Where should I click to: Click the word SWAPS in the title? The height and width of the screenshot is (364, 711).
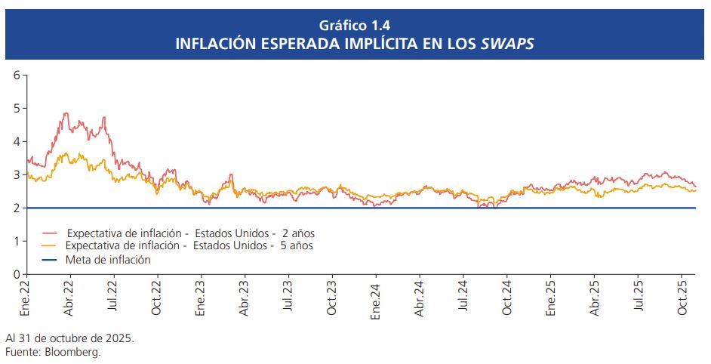pyautogui.click(x=508, y=44)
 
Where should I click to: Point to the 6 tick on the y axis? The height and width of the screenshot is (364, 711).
pyautogui.click(x=17, y=75)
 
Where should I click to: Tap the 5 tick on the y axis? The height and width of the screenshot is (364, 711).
pyautogui.click(x=17, y=108)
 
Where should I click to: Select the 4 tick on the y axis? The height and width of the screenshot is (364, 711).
pyautogui.click(x=17, y=141)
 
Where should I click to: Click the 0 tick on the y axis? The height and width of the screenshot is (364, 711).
pyautogui.click(x=17, y=274)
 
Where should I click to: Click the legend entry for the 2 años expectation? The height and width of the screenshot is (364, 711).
pyautogui.click(x=189, y=233)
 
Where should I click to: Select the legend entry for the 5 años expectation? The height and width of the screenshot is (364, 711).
pyautogui.click(x=189, y=246)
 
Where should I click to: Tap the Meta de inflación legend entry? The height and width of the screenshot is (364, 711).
pyautogui.click(x=108, y=259)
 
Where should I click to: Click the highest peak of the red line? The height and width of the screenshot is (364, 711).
pyautogui.click(x=66, y=113)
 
